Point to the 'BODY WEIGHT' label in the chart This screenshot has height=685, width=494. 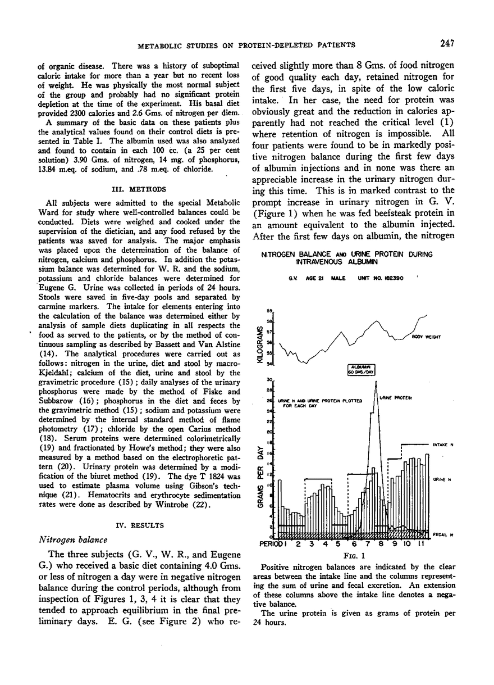coord(426,337)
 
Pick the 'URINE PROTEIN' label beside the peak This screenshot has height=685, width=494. coord(396,398)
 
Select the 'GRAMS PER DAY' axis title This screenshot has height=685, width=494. coord(260,474)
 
